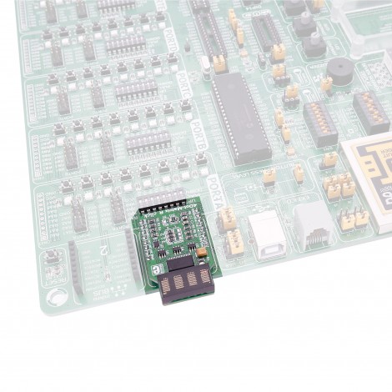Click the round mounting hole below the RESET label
click(x=56, y=295)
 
